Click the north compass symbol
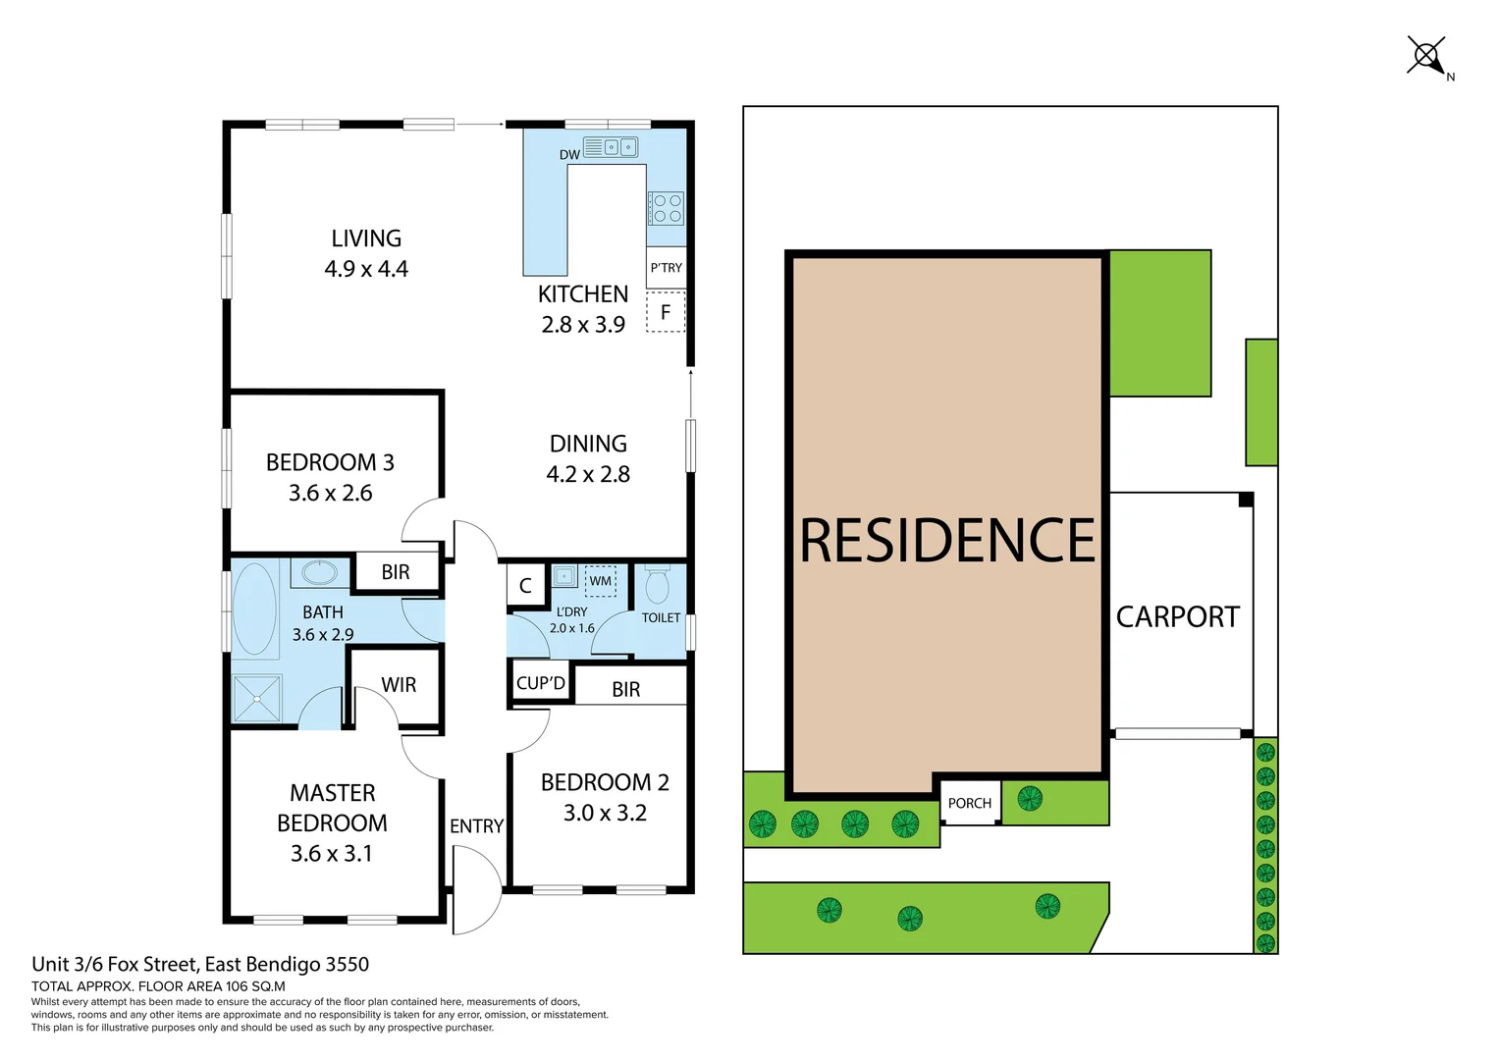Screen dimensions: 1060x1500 click(x=1427, y=56)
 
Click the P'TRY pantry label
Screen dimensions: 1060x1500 click(x=666, y=268)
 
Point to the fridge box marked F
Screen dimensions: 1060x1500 click(x=666, y=313)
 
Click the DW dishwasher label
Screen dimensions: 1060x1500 click(x=569, y=155)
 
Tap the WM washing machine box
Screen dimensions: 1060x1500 click(x=601, y=581)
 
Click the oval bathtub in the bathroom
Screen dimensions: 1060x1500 click(x=254, y=609)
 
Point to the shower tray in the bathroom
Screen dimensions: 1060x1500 click(x=257, y=698)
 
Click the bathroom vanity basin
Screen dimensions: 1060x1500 click(x=320, y=572)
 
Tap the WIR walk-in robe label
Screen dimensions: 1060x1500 click(x=399, y=685)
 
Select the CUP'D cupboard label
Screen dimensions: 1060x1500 click(x=541, y=683)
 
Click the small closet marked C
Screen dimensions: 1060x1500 click(x=525, y=586)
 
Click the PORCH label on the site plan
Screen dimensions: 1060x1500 click(x=970, y=803)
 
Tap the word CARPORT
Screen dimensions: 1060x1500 click(x=1178, y=616)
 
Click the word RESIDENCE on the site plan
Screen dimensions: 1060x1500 click(x=946, y=541)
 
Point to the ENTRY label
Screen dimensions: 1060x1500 click(x=476, y=826)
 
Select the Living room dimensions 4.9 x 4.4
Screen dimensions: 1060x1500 click(x=366, y=269)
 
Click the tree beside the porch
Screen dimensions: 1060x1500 click(x=1030, y=799)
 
